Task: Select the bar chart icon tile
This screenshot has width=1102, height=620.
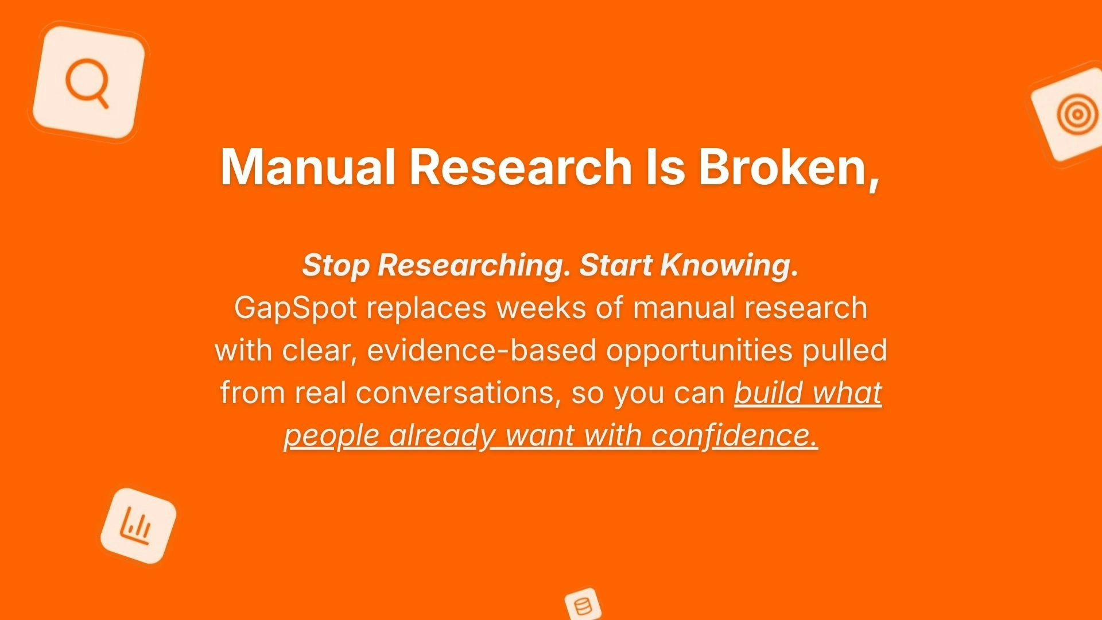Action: coord(138,526)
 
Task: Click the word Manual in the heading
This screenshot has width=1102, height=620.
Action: coord(308,167)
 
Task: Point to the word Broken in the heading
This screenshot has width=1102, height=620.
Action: coord(781,167)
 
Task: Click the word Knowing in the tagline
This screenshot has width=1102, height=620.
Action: coord(728,265)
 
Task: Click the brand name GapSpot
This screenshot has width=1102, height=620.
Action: coord(295,308)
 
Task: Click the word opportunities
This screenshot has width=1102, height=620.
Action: coord(699,351)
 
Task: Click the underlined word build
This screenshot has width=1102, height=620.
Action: coord(768,393)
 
